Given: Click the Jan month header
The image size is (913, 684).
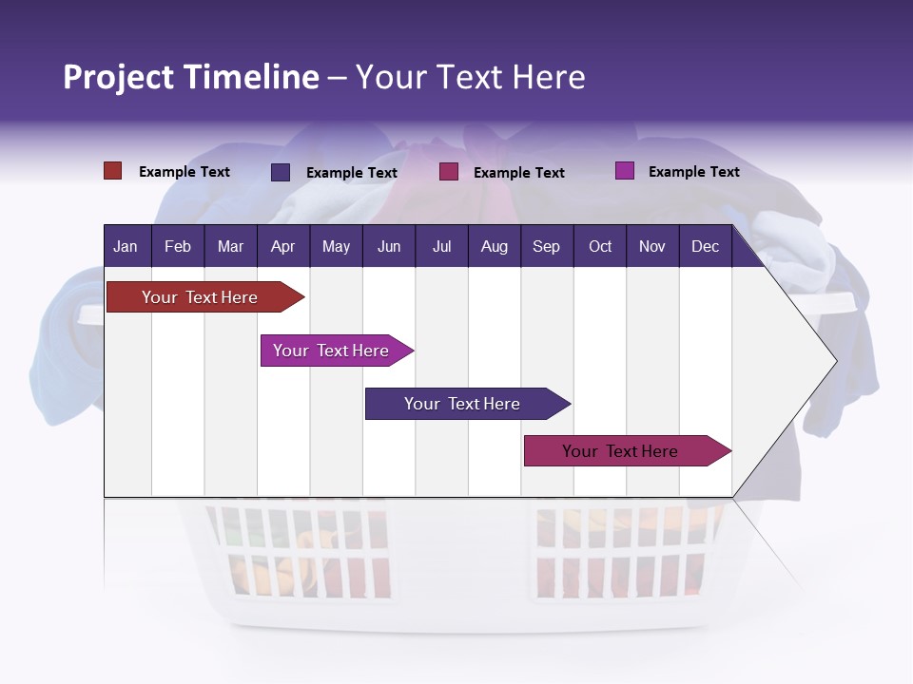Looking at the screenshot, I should coord(126,246).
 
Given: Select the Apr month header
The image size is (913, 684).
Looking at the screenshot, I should coord(282,246).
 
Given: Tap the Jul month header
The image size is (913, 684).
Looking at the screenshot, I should coord(441,246).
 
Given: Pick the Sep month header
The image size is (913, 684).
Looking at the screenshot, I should coord(546,246).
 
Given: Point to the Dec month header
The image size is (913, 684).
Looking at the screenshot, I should coord(705,246).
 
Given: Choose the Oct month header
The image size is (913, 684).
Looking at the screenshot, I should coord(600,246).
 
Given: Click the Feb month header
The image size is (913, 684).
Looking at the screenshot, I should coord(178,246).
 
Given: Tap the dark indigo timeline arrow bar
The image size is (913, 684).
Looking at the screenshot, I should coord(463,404).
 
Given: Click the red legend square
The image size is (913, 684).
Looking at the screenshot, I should coord(112,171).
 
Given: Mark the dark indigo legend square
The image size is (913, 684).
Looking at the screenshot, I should coord(281,172).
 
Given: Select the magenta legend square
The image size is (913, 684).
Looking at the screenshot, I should coord(449,172).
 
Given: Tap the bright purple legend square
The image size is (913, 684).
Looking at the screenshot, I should coord(624,171).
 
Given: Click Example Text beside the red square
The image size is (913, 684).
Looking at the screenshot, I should coord(185,172).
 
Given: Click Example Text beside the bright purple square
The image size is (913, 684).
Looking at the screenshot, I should coord(693,172).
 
